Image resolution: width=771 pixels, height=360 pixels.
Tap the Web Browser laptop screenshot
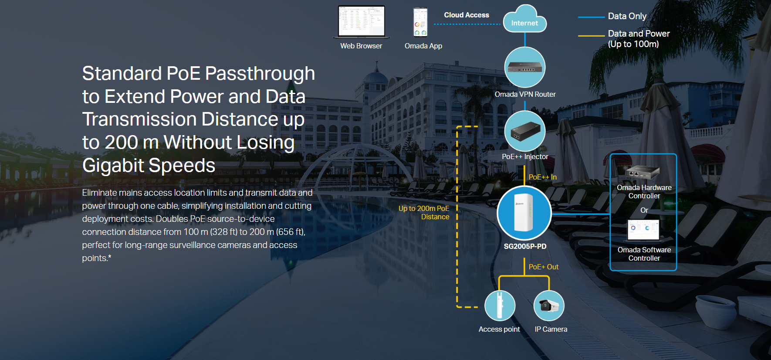tap(362, 22)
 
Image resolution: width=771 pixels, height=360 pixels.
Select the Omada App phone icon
tap(420, 22)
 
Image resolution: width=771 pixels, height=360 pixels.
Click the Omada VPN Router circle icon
tap(525, 67)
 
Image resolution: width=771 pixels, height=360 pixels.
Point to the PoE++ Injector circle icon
tap(525, 131)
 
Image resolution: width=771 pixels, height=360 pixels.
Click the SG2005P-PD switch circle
tap(524, 213)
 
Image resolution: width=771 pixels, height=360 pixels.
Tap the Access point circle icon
tap(500, 306)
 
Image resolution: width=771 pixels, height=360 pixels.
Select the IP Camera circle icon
tap(549, 306)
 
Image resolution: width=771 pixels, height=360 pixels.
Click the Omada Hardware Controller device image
tap(642, 173)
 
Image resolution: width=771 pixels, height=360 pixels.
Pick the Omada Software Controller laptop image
tap(644, 230)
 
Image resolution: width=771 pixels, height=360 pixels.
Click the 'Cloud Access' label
tap(467, 15)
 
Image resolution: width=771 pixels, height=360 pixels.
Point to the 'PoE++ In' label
tap(543, 177)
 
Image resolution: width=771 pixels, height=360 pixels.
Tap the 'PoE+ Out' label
tap(544, 267)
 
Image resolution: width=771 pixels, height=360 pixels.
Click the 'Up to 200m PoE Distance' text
tap(424, 213)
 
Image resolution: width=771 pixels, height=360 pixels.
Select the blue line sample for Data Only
tap(592, 17)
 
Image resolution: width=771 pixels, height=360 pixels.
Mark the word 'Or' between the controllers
tap(644, 210)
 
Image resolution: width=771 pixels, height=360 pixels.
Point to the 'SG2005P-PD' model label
tap(525, 246)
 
